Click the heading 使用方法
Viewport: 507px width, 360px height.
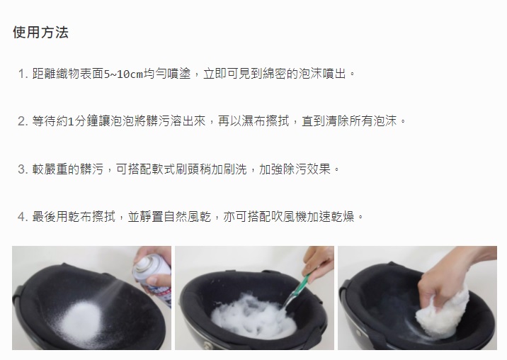(41, 33)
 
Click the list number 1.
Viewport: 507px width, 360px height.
(23, 74)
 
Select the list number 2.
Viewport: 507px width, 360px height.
(23, 121)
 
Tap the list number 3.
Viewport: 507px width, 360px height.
(23, 169)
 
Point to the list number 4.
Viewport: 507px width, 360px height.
(23, 217)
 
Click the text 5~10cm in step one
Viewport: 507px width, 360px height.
(123, 74)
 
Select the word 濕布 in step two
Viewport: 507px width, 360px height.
(248, 121)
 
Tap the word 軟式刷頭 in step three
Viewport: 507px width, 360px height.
(176, 169)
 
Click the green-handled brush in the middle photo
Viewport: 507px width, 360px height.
(296, 291)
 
